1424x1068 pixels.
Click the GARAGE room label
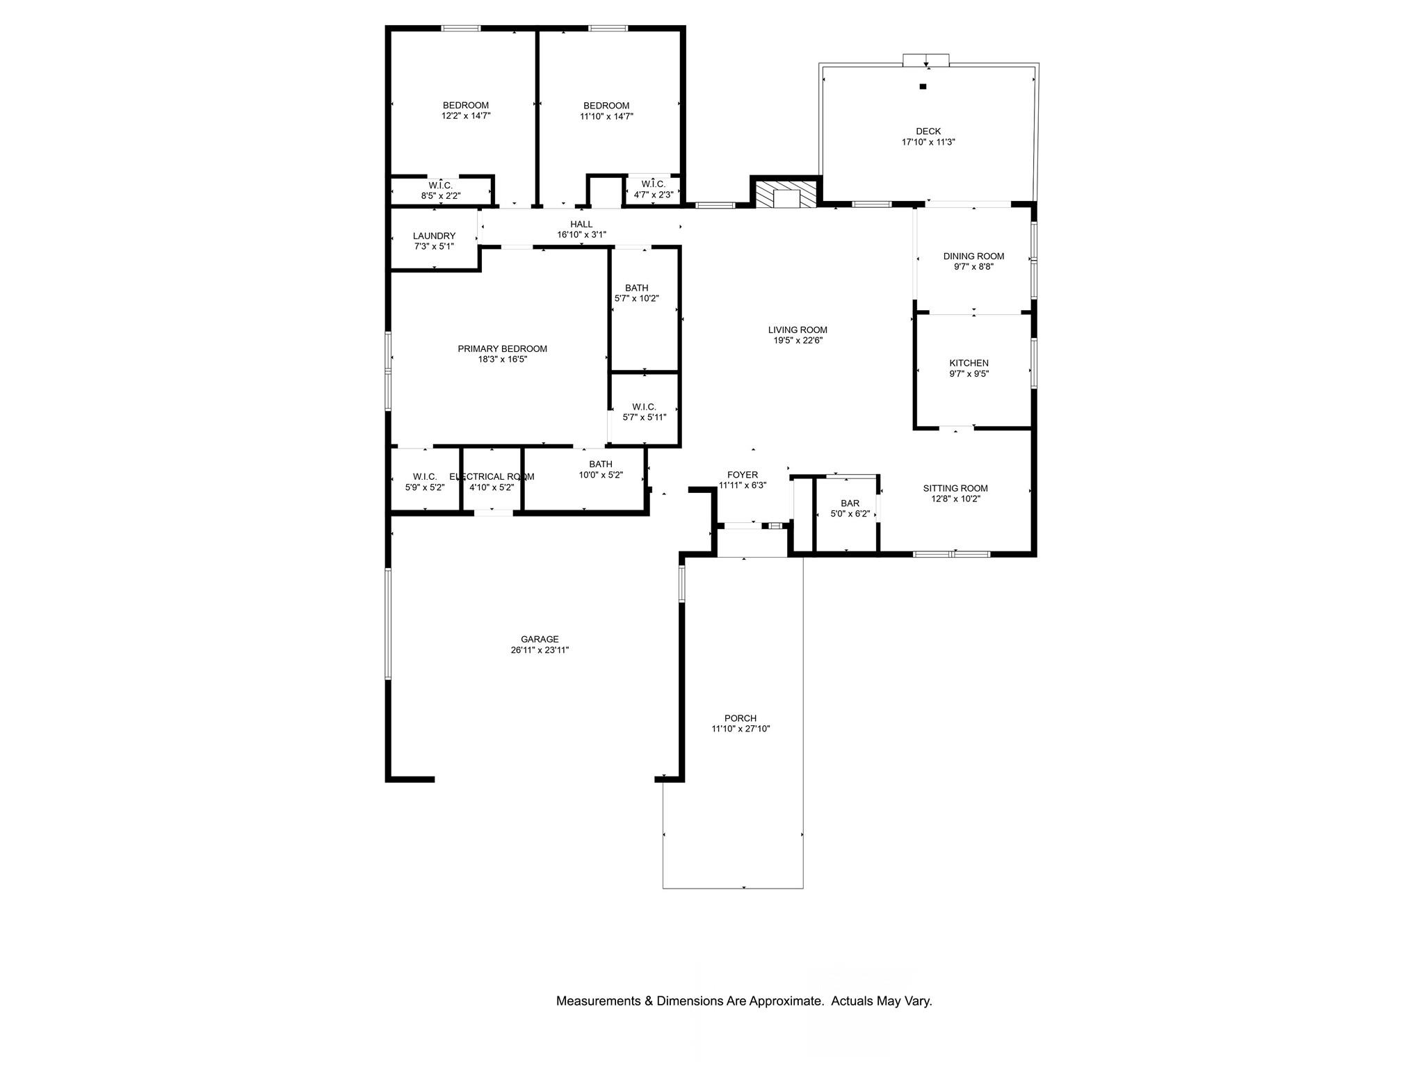click(x=540, y=640)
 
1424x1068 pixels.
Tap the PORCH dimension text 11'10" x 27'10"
click(x=741, y=729)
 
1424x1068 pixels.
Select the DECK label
click(x=928, y=131)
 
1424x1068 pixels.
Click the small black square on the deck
click(x=923, y=87)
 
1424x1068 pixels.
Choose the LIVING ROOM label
click(x=798, y=330)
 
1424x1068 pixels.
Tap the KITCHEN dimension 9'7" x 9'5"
click(x=969, y=374)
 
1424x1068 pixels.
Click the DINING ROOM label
click(x=973, y=257)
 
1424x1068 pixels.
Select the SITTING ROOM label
click(x=955, y=489)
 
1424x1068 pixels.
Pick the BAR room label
click(x=850, y=503)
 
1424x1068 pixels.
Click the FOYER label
click(x=743, y=475)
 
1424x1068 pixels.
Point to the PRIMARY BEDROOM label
click(x=502, y=349)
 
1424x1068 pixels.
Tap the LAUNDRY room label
click(x=434, y=236)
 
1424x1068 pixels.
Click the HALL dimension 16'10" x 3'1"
click(x=581, y=235)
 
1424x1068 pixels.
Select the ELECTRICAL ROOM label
click(x=492, y=477)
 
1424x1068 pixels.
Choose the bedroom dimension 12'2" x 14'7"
click(x=466, y=117)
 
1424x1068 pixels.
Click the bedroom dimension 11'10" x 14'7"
click(x=606, y=117)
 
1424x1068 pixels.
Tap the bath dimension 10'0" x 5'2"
click(x=601, y=476)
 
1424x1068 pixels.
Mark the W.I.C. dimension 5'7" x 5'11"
click(x=644, y=418)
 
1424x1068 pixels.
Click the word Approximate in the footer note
click(x=785, y=1002)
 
